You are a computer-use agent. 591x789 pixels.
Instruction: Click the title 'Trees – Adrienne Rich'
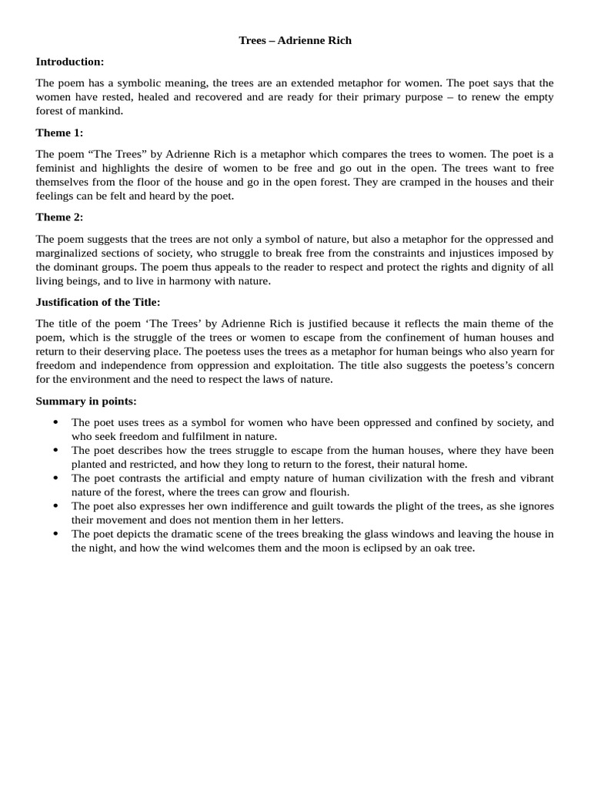pos(295,40)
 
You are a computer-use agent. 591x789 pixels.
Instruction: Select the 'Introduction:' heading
pos(70,62)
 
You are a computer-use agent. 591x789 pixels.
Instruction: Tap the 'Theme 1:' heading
pos(59,133)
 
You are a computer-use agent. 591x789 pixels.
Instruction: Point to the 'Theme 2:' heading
pos(59,217)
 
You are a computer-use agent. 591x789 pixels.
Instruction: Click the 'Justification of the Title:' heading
pos(98,302)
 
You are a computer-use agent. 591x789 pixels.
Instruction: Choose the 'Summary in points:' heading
pos(86,401)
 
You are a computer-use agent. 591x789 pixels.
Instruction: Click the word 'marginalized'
pos(68,253)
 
